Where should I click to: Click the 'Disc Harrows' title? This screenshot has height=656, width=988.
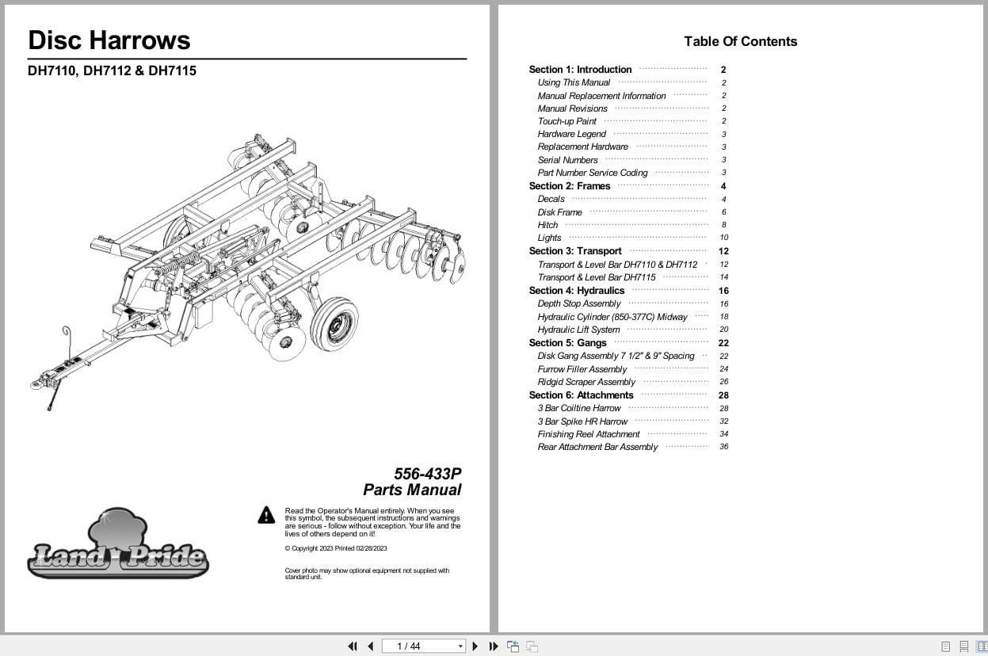point(109,40)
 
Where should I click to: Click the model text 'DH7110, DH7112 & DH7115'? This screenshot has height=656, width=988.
point(112,71)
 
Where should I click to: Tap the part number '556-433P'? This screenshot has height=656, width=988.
point(427,474)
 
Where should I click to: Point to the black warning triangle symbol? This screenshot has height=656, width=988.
point(266,516)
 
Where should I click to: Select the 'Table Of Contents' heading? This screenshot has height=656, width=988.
point(740,42)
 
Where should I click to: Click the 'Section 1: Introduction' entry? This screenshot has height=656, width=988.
point(580,70)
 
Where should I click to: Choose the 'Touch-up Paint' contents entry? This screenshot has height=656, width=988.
point(566,121)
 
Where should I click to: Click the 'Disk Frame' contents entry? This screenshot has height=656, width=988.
point(559,212)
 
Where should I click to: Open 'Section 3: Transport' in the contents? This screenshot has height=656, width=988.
point(575,251)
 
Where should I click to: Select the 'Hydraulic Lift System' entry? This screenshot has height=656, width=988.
point(578,330)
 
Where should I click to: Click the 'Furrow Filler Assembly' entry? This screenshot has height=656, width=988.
point(582,369)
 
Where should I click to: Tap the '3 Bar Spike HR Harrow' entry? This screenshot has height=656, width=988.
point(582,421)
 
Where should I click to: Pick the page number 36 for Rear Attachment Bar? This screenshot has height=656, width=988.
point(723,447)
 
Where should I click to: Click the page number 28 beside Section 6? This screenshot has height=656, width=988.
point(723,395)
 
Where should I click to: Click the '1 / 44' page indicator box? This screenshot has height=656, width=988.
point(423,646)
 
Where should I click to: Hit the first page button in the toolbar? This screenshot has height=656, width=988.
point(353,646)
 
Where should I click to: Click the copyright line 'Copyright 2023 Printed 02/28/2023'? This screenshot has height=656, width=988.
point(336,548)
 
